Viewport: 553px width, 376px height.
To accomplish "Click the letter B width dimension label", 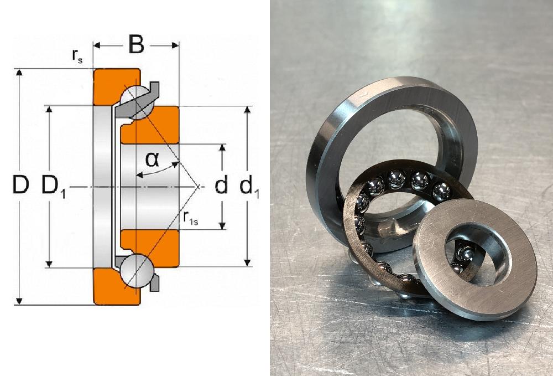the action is click(137, 44).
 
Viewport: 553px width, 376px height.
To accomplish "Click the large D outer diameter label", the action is click(20, 185).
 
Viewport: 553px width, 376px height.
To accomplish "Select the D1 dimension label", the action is click(54, 186).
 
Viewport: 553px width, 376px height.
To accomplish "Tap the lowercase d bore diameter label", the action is click(221, 185).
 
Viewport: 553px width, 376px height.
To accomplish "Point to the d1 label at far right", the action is click(249, 186).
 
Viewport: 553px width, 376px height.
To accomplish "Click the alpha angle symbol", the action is click(152, 159).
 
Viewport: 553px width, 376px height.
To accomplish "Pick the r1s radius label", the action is click(190, 218).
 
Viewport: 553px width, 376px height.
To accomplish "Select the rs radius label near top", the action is click(77, 56).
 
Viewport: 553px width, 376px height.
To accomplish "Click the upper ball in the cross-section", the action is click(137, 102).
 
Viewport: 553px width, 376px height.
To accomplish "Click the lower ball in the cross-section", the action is click(136, 271).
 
